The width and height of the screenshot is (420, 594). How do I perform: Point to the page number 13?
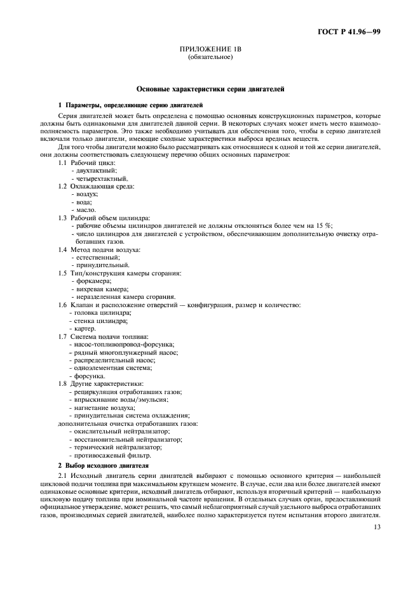click(x=377, y=525)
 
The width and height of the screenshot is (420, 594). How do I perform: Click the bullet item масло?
click(x=85, y=209)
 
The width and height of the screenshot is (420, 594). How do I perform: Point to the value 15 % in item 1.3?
click(x=324, y=225)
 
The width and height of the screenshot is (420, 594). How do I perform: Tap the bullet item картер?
click(x=84, y=328)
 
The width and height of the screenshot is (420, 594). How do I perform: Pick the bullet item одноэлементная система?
click(x=112, y=367)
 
